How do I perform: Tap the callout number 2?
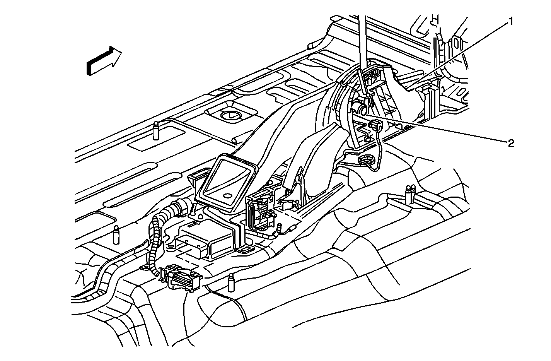click(511, 143)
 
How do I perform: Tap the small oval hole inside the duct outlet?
click(228, 196)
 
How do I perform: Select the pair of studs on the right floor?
click(410, 194)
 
